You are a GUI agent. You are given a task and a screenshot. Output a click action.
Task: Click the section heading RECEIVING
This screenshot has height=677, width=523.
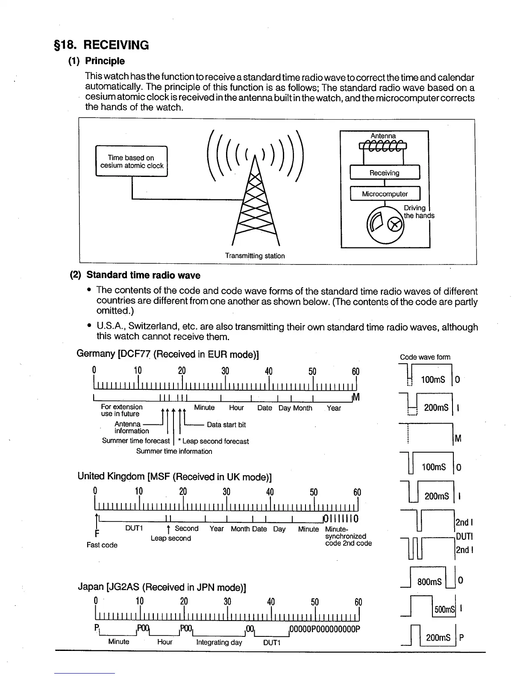pyautogui.click(x=116, y=45)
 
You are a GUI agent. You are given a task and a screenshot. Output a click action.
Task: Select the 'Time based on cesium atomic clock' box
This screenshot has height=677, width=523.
pyautogui.click(x=132, y=162)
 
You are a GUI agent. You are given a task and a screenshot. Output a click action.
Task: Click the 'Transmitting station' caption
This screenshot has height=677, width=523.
pyautogui.click(x=255, y=256)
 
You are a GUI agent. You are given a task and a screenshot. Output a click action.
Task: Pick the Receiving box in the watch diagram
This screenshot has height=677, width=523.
pyautogui.click(x=385, y=173)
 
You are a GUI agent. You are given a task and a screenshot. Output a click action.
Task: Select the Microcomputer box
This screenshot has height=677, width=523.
pyautogui.click(x=385, y=194)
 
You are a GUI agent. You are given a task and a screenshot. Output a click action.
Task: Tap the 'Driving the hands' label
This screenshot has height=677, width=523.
pyautogui.click(x=418, y=212)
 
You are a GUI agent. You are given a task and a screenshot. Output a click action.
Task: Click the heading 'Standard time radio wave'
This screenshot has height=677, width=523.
pyautogui.click(x=143, y=275)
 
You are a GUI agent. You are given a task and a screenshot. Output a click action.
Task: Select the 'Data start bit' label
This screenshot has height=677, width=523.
pyautogui.click(x=226, y=425)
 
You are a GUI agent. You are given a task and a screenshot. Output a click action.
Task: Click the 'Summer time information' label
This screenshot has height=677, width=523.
pyautogui.click(x=174, y=451)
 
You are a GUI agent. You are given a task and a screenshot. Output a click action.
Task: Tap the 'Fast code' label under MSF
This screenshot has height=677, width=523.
pyautogui.click(x=102, y=545)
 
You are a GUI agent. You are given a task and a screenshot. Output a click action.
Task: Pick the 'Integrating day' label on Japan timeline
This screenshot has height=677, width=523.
pyautogui.click(x=219, y=642)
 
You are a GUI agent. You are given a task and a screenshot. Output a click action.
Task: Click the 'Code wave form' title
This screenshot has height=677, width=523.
pyautogui.click(x=425, y=357)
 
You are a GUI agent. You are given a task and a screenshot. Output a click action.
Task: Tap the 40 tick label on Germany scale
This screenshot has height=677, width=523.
pyautogui.click(x=268, y=371)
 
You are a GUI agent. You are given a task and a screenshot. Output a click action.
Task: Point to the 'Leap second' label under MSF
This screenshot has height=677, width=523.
pyautogui.click(x=170, y=538)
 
